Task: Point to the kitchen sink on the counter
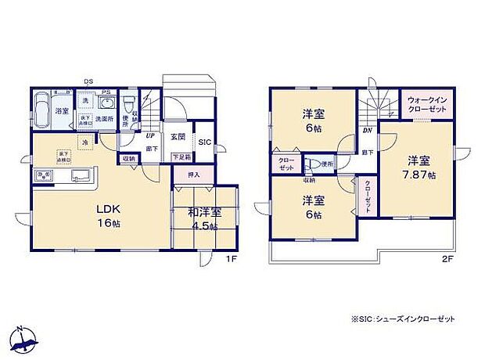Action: click(x=80, y=175)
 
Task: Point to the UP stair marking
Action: click(x=149, y=135)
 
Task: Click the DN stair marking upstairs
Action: click(x=367, y=131)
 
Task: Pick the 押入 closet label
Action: click(x=194, y=175)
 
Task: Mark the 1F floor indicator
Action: click(x=232, y=259)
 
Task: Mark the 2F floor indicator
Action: click(x=447, y=259)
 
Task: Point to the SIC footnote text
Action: click(x=404, y=320)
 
